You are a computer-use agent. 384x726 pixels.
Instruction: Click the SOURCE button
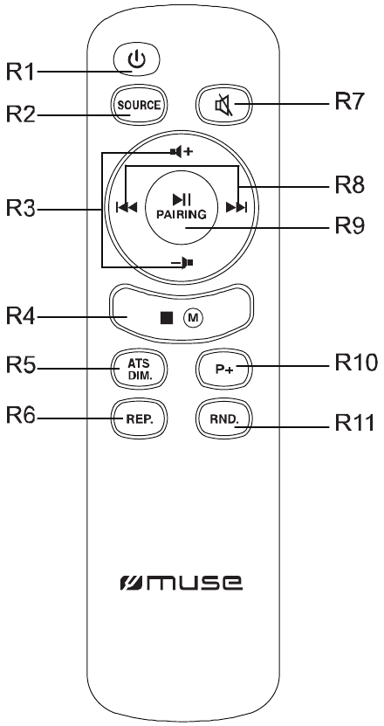pos(139,106)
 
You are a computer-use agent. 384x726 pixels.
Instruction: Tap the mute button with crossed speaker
pos(224,106)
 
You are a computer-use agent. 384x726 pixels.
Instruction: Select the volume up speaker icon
pos(181,151)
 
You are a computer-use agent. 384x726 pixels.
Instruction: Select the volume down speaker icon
pos(182,263)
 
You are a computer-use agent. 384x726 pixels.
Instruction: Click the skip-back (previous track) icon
pos(127,207)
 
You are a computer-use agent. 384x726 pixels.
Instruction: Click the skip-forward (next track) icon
pos(237,207)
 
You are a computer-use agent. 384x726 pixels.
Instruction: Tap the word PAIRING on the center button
pos(181,214)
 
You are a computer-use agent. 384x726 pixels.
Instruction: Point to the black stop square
pos(167,318)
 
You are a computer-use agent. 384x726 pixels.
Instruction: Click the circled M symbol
pos(193,318)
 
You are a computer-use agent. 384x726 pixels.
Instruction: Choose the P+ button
pos(224,369)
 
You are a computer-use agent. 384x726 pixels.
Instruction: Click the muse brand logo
pos(181,583)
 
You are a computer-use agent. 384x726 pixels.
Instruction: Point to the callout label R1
pos(20,72)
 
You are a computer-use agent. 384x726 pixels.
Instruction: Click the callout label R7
pos(350,101)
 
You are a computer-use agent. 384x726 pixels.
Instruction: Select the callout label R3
pos(20,209)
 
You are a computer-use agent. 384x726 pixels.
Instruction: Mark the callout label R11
pos(354,422)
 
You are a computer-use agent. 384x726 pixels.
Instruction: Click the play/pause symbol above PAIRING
pos(182,199)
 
